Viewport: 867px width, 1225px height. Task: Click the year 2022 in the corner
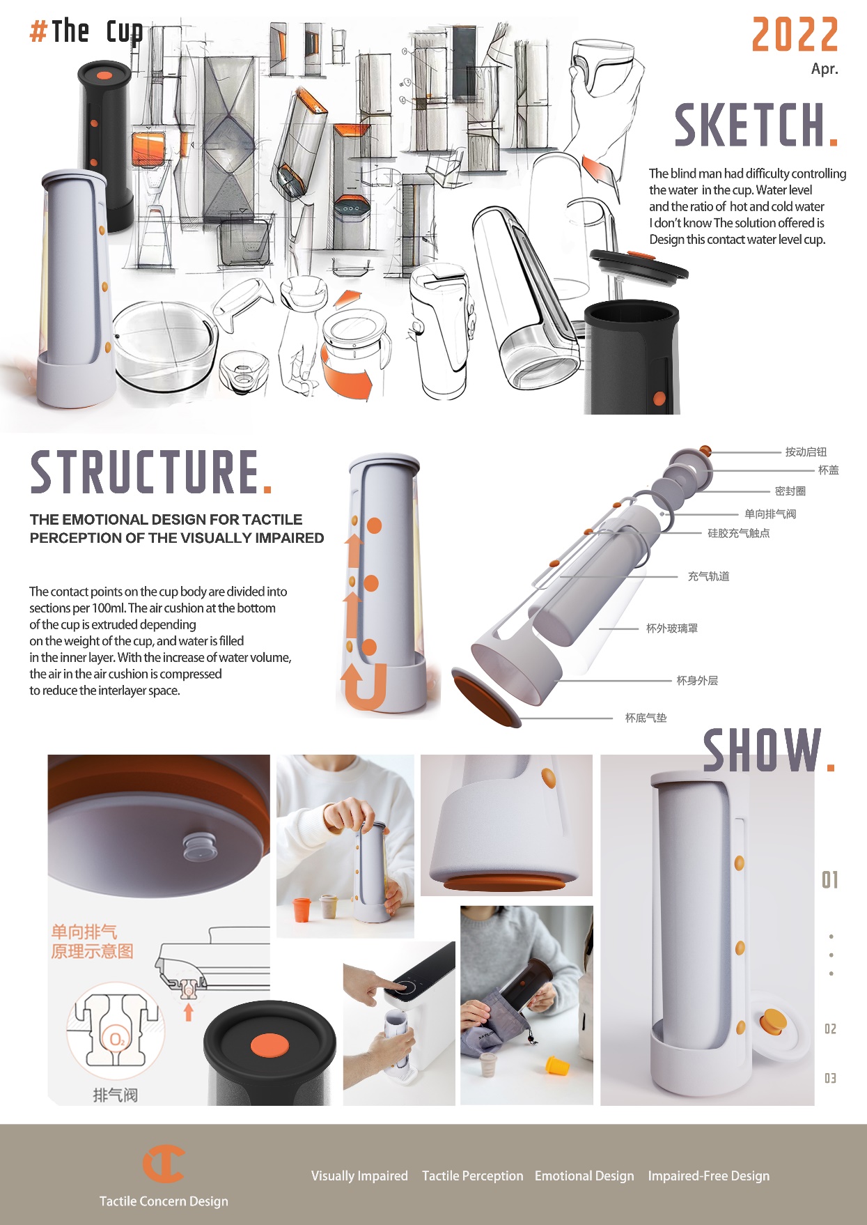[795, 35]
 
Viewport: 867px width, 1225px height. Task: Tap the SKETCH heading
[756, 125]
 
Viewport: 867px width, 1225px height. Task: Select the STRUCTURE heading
[150, 472]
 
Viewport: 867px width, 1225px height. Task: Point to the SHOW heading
[768, 750]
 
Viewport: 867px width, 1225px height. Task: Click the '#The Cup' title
[86, 31]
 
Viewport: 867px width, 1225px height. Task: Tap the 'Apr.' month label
[825, 69]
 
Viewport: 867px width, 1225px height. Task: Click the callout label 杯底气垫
[646, 718]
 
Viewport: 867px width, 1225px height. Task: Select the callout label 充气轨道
[708, 576]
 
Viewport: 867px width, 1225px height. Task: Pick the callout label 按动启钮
[806, 452]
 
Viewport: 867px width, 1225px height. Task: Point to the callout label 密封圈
[790, 491]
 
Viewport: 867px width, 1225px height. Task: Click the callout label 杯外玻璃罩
[671, 629]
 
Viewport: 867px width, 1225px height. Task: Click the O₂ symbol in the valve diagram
[117, 1040]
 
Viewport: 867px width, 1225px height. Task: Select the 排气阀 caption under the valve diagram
[115, 1095]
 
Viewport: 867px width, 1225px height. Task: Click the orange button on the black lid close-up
[270, 1045]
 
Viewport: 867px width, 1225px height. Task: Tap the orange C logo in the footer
[164, 1163]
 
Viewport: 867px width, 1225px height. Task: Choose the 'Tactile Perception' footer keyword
[472, 1176]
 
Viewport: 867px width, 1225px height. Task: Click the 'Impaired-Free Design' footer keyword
[708, 1176]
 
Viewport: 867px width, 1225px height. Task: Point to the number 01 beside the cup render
[829, 879]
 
